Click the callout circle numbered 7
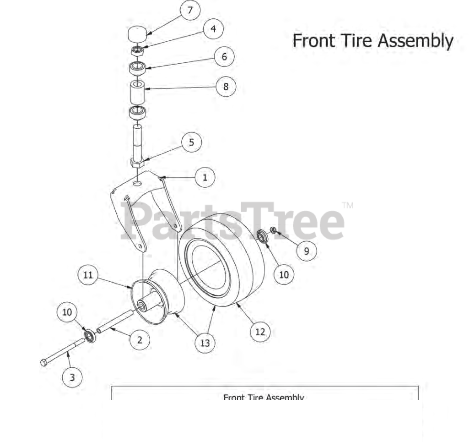[x=190, y=11]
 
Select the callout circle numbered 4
[x=213, y=29]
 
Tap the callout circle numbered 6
[x=224, y=57]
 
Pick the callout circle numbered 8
[x=226, y=86]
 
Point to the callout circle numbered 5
[x=191, y=142]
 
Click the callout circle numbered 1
[x=205, y=177]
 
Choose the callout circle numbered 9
[x=306, y=251]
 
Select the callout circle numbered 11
[x=88, y=275]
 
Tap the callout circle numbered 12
[x=260, y=332]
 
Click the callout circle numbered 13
[x=204, y=343]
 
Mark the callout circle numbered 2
[x=140, y=339]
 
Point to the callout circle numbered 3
[x=72, y=377]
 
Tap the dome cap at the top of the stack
[x=137, y=34]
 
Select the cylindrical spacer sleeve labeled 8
[x=137, y=93]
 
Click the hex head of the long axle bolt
[x=44, y=363]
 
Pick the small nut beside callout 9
[x=273, y=230]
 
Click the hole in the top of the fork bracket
[x=137, y=183]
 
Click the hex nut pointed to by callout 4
[x=137, y=50]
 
